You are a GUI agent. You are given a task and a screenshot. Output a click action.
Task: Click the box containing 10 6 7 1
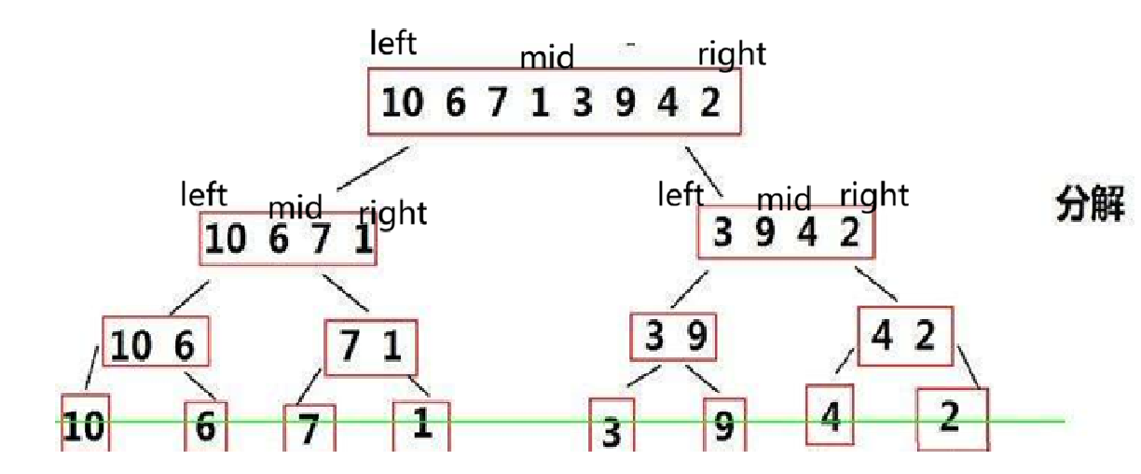point(289,239)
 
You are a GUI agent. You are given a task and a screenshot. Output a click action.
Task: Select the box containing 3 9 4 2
point(788,232)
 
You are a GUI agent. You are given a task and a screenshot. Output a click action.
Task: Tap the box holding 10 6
point(156,346)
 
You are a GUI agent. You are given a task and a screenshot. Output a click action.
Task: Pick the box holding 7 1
point(371,347)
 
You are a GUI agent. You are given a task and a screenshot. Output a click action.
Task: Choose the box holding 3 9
point(674,337)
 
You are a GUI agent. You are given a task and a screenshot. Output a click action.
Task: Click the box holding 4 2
point(905,336)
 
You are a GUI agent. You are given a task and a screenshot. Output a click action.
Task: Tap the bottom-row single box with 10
point(86,425)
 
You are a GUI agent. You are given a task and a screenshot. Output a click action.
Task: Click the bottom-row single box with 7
point(309,428)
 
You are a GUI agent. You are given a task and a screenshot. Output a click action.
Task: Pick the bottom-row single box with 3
point(612,428)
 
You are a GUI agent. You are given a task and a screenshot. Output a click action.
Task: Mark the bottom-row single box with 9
point(724,426)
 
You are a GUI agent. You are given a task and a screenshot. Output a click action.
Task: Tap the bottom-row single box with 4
point(830,415)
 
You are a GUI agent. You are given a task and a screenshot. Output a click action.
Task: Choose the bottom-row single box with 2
point(951,418)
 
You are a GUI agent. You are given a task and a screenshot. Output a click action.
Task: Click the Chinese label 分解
point(1090,203)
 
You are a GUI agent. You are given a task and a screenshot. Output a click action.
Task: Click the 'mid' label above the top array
point(546,58)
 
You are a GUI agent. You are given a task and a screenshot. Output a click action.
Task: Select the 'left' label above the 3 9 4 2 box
point(680,194)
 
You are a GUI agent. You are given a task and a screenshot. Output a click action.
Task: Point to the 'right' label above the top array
point(732,54)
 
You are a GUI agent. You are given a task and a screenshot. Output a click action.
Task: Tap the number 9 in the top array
point(625,103)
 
